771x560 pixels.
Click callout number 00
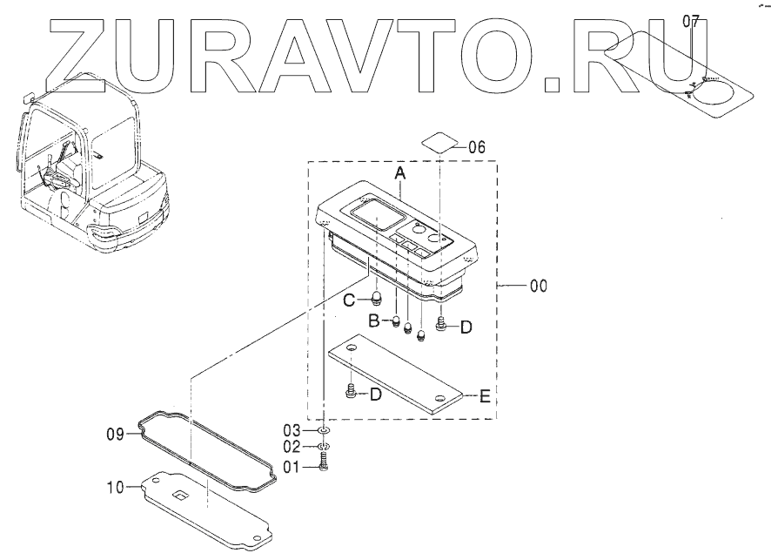[x=538, y=285]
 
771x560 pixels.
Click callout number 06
[x=477, y=146]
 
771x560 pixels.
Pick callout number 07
[x=691, y=21]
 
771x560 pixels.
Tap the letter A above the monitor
[x=400, y=174]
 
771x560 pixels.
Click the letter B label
[x=372, y=320]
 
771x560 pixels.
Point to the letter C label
[x=349, y=301]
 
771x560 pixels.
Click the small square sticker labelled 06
[x=440, y=142]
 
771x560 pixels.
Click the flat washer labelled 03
[x=323, y=430]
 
